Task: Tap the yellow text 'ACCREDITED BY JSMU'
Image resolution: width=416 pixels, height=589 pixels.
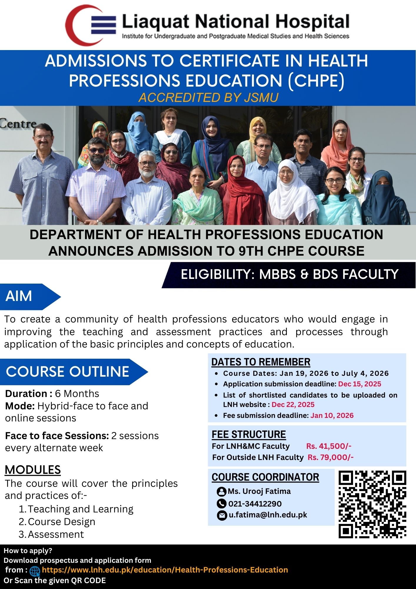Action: point(208,97)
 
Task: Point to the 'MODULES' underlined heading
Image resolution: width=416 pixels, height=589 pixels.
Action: point(33,470)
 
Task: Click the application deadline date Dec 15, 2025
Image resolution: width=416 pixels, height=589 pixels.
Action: point(360,384)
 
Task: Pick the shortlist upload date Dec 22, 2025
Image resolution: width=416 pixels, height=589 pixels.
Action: point(293,405)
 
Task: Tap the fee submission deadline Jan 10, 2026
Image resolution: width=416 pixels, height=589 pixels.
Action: point(332,416)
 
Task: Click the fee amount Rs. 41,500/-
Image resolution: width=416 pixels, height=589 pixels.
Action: point(329,446)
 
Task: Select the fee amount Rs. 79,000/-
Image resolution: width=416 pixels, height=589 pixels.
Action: point(330,457)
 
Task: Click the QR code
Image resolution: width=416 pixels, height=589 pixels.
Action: point(372,504)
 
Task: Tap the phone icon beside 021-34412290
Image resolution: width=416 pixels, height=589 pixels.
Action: point(221,504)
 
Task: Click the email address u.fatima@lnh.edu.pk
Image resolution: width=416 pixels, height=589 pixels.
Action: point(268,515)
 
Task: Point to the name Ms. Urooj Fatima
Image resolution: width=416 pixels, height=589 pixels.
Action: point(259,491)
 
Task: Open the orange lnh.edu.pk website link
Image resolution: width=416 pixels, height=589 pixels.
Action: point(165,570)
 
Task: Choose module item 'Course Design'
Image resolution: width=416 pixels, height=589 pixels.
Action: point(61,522)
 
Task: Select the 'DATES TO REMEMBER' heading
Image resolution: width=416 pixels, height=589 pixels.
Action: point(261,362)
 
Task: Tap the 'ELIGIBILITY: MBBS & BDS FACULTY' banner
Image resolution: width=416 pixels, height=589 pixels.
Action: point(289,274)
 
